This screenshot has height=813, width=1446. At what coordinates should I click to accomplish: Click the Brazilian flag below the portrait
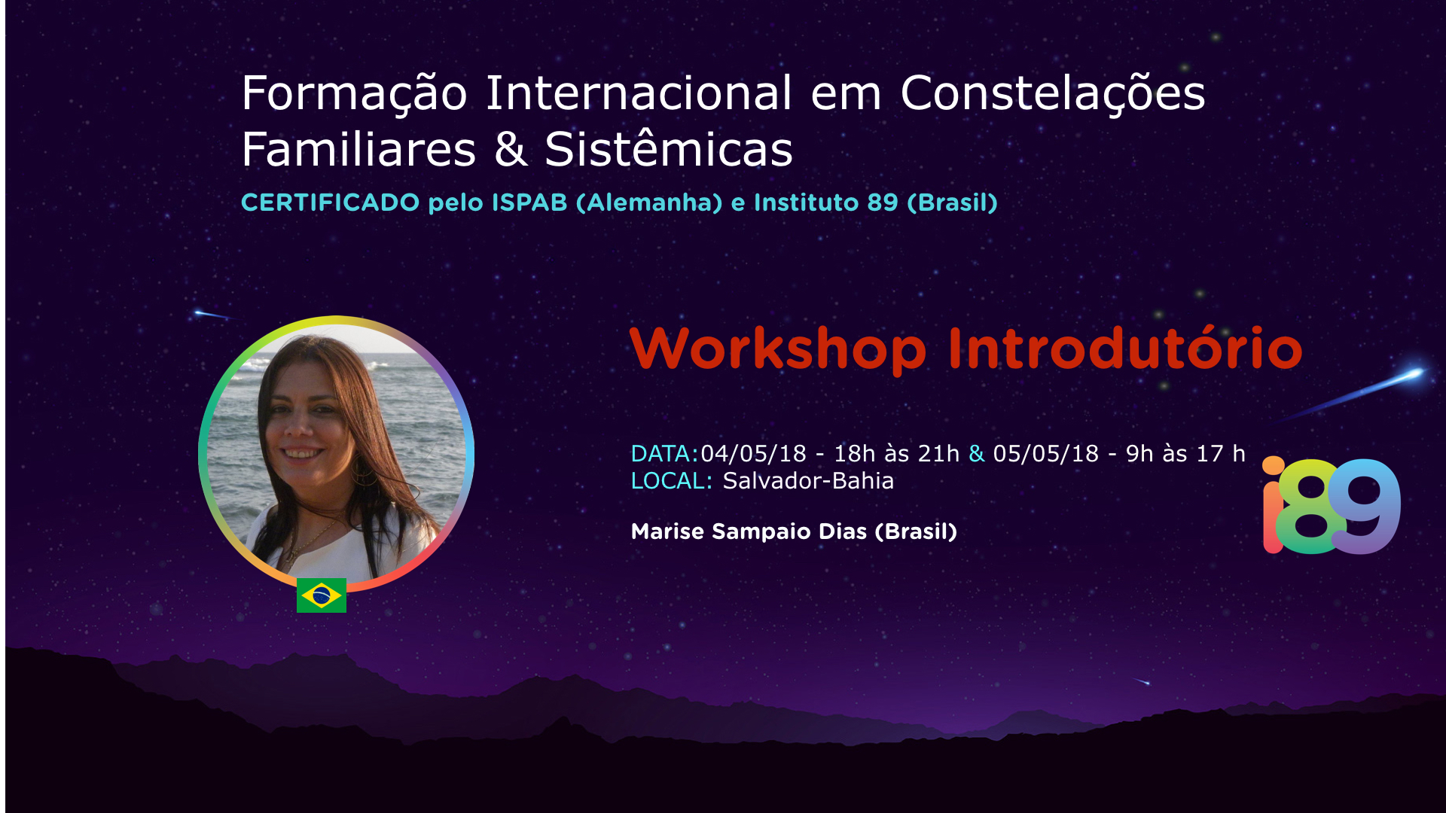point(322,595)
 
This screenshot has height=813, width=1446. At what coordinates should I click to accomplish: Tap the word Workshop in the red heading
point(778,349)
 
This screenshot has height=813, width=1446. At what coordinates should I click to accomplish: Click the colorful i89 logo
point(1332,505)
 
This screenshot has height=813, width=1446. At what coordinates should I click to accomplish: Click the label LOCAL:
point(672,481)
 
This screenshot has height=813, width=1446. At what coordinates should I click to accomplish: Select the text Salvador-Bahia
point(808,481)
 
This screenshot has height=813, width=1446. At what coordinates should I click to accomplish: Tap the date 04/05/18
point(754,454)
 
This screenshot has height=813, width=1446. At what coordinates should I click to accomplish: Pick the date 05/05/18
point(1046,454)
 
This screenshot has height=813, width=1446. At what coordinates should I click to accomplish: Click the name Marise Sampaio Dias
point(749,531)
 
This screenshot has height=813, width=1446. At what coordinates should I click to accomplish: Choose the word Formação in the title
point(354,94)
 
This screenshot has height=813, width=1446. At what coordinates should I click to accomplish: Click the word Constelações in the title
point(1053,94)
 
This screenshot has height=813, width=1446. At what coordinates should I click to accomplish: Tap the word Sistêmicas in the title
point(669,149)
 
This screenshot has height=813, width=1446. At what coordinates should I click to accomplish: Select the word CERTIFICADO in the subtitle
point(331,202)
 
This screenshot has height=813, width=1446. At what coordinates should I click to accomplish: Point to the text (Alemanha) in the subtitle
point(649,202)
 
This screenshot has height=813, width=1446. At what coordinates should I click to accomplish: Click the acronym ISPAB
point(529,202)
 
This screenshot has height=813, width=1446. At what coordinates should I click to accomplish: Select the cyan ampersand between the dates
point(977,454)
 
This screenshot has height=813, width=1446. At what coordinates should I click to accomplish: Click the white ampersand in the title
point(511,149)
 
